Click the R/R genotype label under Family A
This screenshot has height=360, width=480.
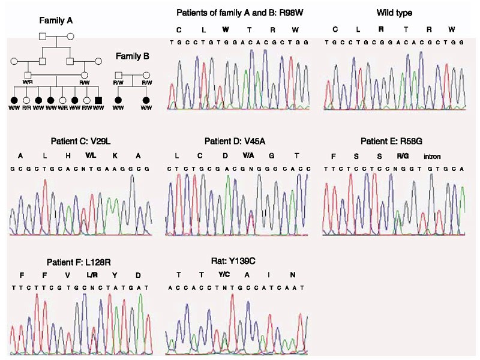point(26,109)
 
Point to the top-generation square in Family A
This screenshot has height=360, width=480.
point(43,36)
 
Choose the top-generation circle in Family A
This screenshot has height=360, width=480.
point(70,36)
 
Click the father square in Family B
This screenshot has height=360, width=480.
point(119,76)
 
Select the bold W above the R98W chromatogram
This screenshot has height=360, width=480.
point(225,29)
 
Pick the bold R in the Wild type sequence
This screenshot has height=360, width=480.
point(380,29)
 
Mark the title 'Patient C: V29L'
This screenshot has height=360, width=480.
point(80,142)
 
